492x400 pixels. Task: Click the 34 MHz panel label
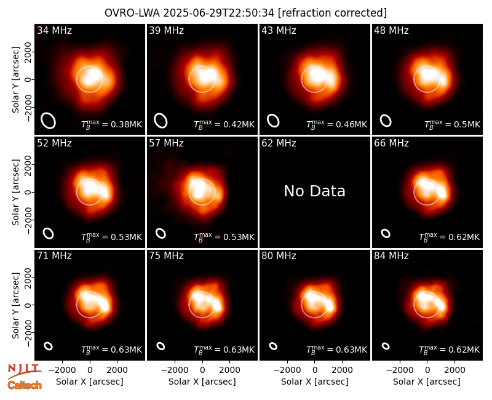pyautogui.click(x=54, y=30)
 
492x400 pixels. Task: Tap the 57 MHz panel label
pyautogui.click(x=166, y=143)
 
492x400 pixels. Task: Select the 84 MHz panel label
pyautogui.click(x=391, y=256)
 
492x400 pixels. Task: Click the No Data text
pyautogui.click(x=315, y=191)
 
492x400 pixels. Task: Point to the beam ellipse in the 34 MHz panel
pyautogui.click(x=49, y=121)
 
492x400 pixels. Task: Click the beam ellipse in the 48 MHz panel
pyautogui.click(x=386, y=121)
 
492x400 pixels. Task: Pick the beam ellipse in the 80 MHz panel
pyautogui.click(x=273, y=346)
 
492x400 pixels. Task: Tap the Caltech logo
pyautogui.click(x=25, y=385)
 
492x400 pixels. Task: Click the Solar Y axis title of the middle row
pyautogui.click(x=15, y=192)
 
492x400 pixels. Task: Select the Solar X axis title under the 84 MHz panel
pyautogui.click(x=427, y=382)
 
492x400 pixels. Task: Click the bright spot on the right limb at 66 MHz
pyautogui.click(x=442, y=191)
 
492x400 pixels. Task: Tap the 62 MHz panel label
pyautogui.click(x=279, y=143)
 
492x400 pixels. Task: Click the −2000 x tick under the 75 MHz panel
pyautogui.click(x=175, y=370)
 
